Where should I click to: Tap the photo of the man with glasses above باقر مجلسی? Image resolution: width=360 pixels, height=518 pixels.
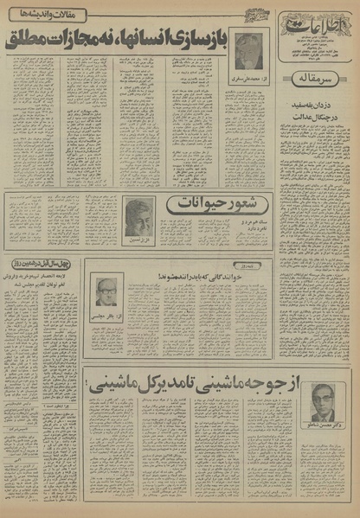coord(106,294)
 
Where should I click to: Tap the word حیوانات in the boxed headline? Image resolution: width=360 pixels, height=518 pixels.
coord(188,206)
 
